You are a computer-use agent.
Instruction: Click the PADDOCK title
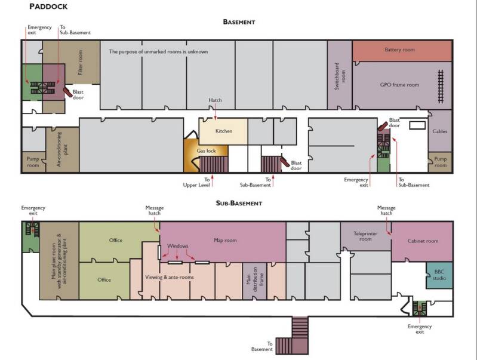click(48, 7)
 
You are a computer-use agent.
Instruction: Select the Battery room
click(402, 51)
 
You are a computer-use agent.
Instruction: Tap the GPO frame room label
click(399, 85)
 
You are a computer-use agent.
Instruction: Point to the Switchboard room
click(340, 75)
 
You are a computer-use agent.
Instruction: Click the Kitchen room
click(223, 131)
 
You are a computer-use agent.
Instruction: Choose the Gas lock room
click(205, 155)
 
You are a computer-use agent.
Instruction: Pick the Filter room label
click(81, 62)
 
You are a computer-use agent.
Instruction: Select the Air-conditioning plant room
click(63, 149)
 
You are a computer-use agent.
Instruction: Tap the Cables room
click(440, 131)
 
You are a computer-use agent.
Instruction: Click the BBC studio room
click(439, 275)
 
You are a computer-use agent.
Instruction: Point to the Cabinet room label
click(423, 241)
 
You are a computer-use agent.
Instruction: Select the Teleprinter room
click(365, 236)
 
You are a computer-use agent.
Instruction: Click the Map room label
click(225, 240)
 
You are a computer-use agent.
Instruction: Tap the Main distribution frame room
click(255, 281)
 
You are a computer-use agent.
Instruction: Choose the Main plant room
click(59, 261)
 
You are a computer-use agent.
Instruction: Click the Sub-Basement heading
click(239, 203)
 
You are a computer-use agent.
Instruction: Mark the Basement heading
click(239, 22)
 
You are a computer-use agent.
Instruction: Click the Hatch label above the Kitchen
click(215, 100)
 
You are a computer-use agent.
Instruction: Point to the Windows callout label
click(178, 246)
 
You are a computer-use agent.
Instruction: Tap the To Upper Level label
click(196, 182)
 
